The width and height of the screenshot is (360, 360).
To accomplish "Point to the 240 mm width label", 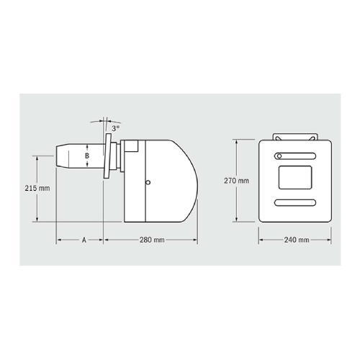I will point(296,239).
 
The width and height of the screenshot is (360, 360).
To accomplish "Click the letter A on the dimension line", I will point(84,238).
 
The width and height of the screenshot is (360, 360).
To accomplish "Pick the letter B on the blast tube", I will point(87,155).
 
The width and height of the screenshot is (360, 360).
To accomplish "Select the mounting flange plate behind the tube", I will point(107,156).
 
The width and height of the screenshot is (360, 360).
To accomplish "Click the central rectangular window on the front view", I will point(294,177).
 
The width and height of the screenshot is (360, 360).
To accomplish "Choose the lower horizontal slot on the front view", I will point(294,201).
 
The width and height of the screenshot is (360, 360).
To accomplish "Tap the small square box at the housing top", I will point(132,145).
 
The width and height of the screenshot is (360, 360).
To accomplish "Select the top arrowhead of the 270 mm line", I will point(237,142).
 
